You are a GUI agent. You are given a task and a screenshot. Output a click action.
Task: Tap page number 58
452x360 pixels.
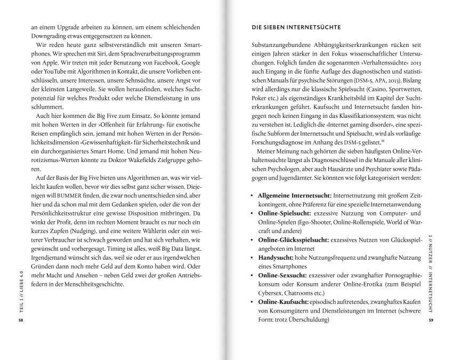click(20, 321)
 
